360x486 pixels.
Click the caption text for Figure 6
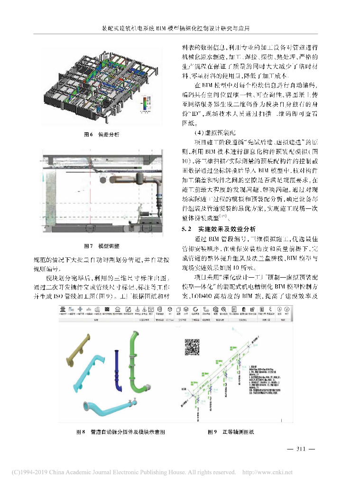click(x=102, y=135)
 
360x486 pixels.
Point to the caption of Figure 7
click(x=102, y=246)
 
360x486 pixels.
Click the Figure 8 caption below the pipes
click(x=120, y=432)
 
